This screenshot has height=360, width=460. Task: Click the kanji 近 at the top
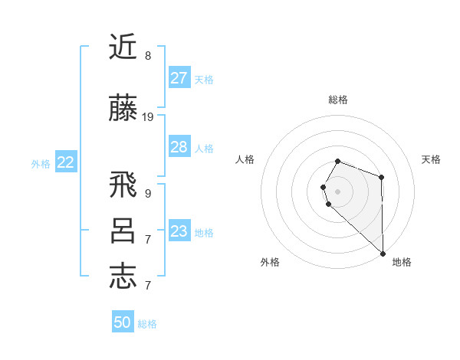tap(123, 47)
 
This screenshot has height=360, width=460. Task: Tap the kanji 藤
tap(123, 110)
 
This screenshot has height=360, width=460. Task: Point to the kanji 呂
tap(123, 231)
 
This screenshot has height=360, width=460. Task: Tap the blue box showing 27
tap(179, 78)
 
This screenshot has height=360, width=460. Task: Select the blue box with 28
tap(179, 147)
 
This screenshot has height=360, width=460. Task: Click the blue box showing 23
tap(179, 231)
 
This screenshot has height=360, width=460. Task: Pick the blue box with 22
tap(66, 162)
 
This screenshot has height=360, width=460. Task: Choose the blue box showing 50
tap(123, 322)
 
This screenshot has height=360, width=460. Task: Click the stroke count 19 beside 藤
tap(148, 117)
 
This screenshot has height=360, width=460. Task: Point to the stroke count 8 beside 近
tap(148, 56)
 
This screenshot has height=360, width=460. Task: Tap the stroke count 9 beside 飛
tap(148, 194)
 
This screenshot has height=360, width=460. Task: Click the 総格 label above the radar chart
tap(338, 100)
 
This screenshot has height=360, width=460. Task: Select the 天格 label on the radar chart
tap(431, 159)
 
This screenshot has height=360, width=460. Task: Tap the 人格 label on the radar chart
tap(245, 159)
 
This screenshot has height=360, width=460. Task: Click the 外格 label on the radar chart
tap(270, 262)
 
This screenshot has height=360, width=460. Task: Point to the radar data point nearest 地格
tap(383, 252)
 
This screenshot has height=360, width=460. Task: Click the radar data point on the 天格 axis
tap(381, 177)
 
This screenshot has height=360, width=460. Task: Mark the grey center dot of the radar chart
tap(338, 191)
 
